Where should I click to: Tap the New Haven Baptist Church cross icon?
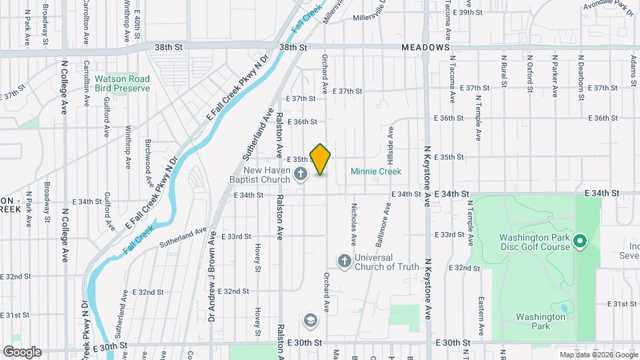click(301, 175)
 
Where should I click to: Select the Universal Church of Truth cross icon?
click(344, 261)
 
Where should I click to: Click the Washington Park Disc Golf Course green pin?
click(579, 241)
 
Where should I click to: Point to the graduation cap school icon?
click(309, 321)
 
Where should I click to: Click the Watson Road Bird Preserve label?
click(122, 83)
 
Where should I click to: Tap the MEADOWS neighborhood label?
click(426, 48)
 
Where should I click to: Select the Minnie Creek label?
click(376, 171)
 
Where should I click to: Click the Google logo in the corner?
click(21, 351)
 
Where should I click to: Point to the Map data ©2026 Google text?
click(598, 355)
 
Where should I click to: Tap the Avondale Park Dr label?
click(610, 9)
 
